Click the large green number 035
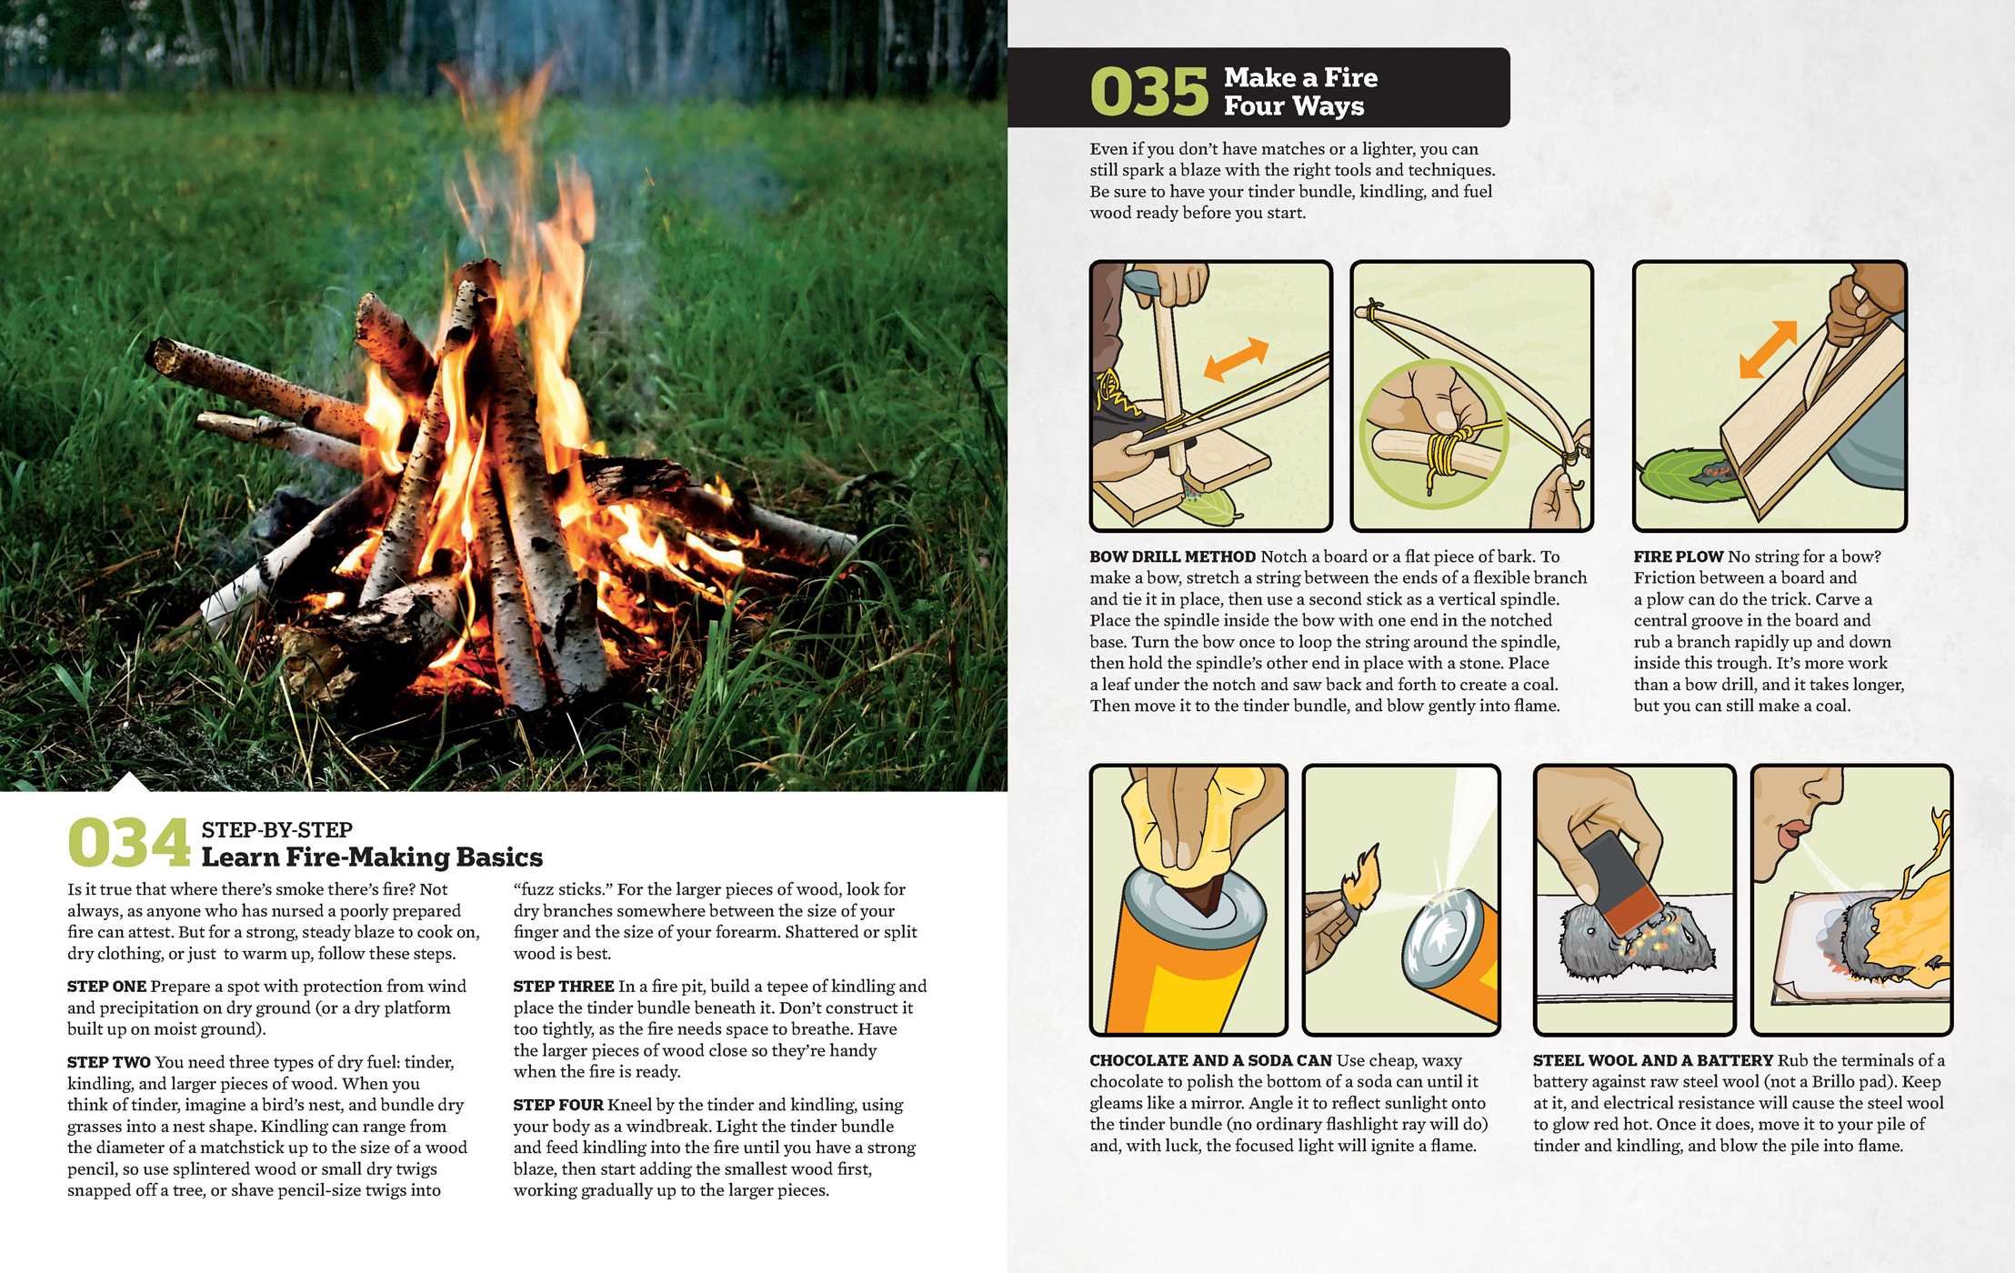1148,93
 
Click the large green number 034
128,843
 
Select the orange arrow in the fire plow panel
1768,349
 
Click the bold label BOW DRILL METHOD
1172,556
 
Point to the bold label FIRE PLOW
1678,556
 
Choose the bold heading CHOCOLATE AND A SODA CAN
1210,1060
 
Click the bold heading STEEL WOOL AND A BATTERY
1652,1060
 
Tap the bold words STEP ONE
106,987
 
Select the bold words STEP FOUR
557,1105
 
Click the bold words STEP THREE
563,987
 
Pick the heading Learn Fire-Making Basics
371,857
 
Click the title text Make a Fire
1300,78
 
